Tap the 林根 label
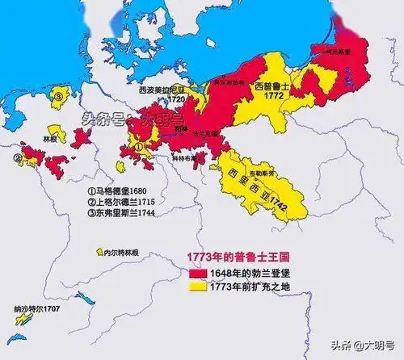pyautogui.click(x=52, y=138)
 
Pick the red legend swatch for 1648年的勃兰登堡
pyautogui.click(x=197, y=271)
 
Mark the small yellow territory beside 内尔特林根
pyautogui.click(x=100, y=253)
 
